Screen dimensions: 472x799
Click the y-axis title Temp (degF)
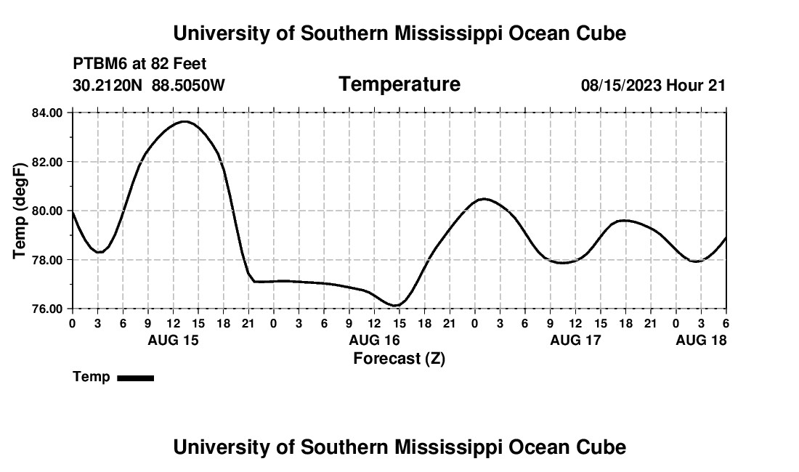click(x=20, y=211)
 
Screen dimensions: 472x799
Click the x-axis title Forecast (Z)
click(x=399, y=358)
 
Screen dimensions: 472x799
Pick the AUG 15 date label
click(x=173, y=340)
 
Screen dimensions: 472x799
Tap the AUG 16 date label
click(x=374, y=340)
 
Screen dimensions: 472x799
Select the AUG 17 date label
click(x=575, y=340)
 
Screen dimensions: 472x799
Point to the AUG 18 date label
click(x=701, y=340)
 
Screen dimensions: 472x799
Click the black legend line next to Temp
click(x=135, y=378)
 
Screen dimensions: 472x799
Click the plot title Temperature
click(x=399, y=84)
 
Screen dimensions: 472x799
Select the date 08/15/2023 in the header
click(x=621, y=85)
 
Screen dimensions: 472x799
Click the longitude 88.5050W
click(x=188, y=85)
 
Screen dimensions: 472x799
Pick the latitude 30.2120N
click(x=109, y=85)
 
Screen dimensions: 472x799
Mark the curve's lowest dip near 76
click(x=394, y=306)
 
